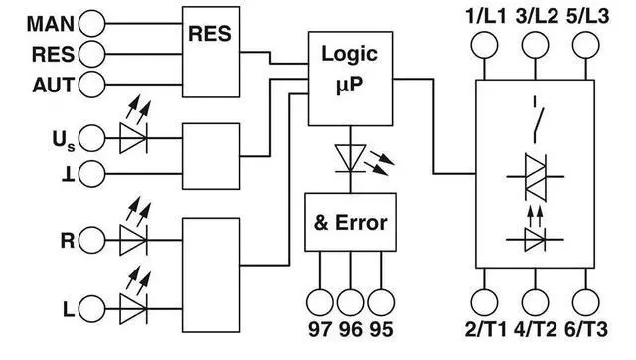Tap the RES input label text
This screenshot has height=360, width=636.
[53, 55]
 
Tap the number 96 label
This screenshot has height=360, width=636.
[351, 329]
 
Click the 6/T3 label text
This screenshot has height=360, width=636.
[586, 329]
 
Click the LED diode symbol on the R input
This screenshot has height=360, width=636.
[133, 240]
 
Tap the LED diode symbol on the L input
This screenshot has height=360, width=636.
[133, 309]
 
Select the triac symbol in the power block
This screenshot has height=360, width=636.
[536, 177]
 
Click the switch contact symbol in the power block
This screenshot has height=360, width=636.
[538, 120]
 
